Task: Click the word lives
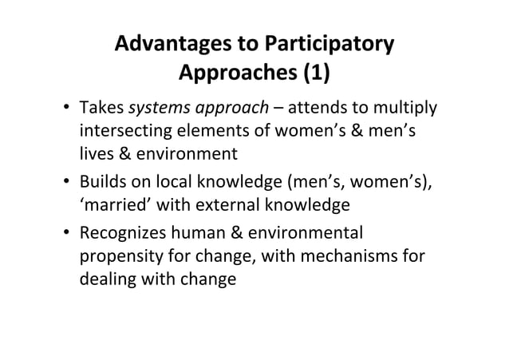[x=94, y=153]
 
